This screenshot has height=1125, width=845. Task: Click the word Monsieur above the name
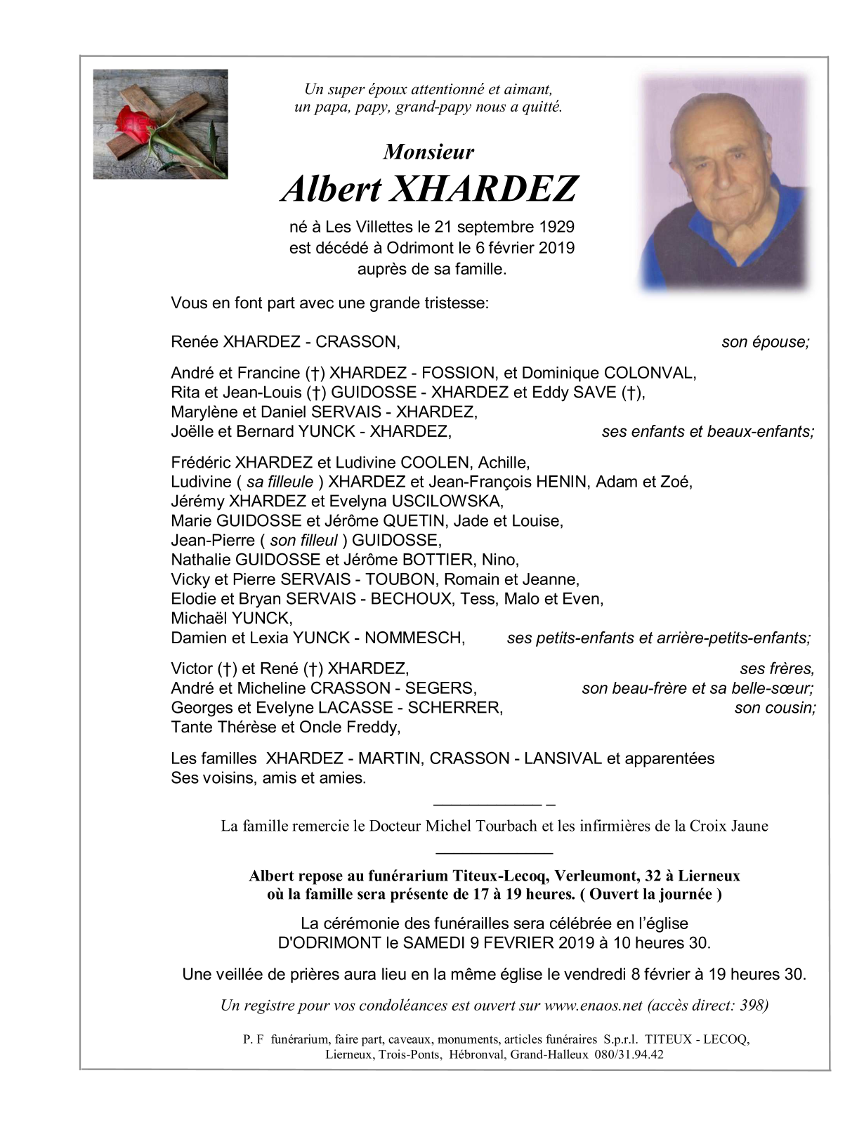[x=428, y=152]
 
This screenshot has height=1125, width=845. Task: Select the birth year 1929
[x=557, y=227]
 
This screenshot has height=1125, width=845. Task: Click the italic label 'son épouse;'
[x=766, y=342]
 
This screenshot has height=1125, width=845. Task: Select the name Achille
[x=503, y=462]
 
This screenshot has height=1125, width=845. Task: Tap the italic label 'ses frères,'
[x=777, y=669]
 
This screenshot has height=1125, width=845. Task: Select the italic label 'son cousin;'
[x=775, y=708]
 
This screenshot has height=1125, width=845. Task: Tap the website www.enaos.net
[x=594, y=1005]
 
